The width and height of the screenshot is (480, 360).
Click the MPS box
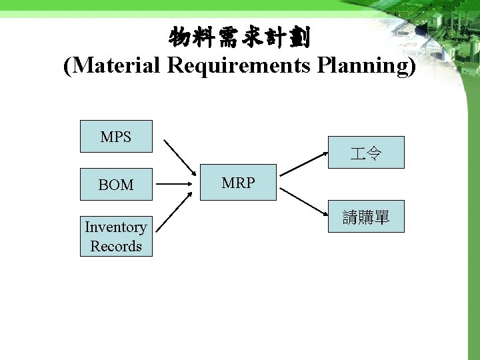coord(116,137)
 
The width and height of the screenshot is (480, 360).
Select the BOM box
coord(116,184)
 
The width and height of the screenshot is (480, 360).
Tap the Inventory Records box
coord(116,236)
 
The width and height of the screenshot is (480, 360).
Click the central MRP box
coord(239,182)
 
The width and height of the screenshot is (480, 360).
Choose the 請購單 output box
coord(365,217)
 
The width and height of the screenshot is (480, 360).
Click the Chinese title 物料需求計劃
coord(239,38)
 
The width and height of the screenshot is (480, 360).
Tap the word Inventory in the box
coord(116,227)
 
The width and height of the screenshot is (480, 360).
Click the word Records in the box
coord(116,246)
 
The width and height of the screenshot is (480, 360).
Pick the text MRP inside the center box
coord(239,182)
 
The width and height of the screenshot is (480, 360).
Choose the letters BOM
coord(116,185)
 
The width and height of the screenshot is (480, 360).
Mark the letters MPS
coord(116,137)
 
